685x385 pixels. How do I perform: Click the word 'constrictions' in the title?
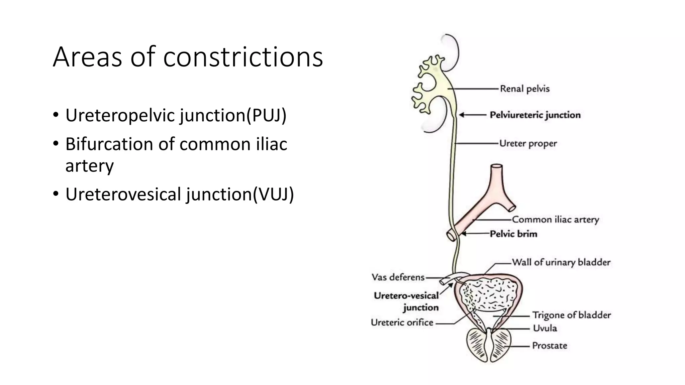point(243,57)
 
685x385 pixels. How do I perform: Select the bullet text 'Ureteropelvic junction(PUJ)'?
point(176,115)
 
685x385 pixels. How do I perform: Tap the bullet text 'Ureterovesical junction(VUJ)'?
point(180,194)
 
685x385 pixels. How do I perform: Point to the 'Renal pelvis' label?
point(524,89)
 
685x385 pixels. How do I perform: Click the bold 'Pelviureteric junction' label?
point(535,115)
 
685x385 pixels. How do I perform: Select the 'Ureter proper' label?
point(528,144)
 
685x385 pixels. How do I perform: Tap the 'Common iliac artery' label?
point(555,220)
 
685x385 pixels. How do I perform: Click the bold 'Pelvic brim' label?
point(513,234)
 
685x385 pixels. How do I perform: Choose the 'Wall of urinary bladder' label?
point(561,262)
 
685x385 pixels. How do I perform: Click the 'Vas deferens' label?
point(398,277)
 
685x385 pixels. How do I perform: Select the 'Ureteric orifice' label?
point(402,323)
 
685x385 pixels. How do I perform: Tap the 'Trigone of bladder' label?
point(572,315)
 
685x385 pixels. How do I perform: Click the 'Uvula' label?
point(545,328)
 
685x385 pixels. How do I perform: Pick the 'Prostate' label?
point(550,346)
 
